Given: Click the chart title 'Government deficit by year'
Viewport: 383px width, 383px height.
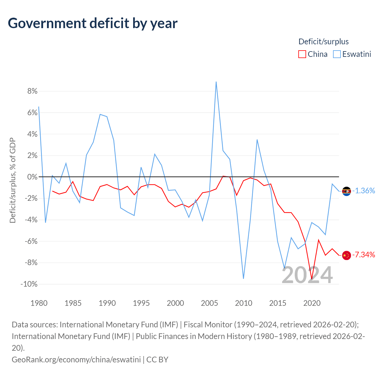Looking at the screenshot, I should click(x=93, y=23).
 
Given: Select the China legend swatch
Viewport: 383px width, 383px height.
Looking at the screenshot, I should click(x=302, y=54).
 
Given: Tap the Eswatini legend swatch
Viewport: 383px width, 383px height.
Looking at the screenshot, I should click(x=337, y=54).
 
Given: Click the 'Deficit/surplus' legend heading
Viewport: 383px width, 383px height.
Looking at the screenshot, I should click(x=323, y=42).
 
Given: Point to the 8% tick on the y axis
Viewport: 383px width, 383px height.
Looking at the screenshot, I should click(x=32, y=91).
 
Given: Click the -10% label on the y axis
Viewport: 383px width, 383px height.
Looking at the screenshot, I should click(x=29, y=284).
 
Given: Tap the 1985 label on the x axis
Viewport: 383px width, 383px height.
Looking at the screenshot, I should click(x=73, y=303).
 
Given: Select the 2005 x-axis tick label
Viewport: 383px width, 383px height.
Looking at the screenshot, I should click(x=209, y=303).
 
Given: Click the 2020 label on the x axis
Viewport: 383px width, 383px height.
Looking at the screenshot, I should click(x=312, y=303).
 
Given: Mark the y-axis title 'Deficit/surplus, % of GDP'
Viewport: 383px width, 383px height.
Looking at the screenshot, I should click(x=13, y=180).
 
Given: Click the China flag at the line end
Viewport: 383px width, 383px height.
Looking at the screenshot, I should click(x=346, y=255).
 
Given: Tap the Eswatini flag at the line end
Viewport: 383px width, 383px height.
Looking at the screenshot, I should click(x=346, y=191).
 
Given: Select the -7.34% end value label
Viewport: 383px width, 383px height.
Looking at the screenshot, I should click(x=364, y=255).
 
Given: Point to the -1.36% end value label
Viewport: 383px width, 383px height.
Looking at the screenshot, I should click(x=364, y=191).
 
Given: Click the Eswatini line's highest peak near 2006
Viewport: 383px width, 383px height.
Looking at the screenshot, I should click(x=216, y=82).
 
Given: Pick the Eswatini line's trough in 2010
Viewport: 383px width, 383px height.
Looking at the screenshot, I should click(x=244, y=279).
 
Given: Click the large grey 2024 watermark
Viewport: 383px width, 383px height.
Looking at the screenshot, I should click(x=307, y=275).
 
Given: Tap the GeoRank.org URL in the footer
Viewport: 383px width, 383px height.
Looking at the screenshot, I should click(x=76, y=359).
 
